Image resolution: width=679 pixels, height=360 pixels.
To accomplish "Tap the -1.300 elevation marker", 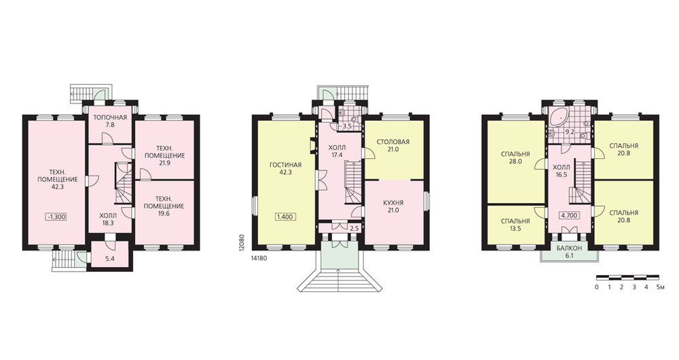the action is tap(56, 217).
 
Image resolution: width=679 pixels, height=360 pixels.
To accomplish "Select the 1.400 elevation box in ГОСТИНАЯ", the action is tap(285, 217).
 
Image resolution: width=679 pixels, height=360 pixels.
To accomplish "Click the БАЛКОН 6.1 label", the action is tap(570, 252).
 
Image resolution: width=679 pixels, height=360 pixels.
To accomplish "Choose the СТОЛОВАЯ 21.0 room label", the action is tap(392, 145).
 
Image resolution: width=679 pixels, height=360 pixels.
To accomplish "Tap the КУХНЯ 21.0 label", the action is tap(393, 206).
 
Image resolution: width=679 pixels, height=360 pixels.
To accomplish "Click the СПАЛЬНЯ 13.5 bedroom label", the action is tap(515, 225).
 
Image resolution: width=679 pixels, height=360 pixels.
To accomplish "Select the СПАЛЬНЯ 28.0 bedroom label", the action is tap(515, 158).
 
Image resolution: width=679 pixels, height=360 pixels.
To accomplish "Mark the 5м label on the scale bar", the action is tap(661, 287).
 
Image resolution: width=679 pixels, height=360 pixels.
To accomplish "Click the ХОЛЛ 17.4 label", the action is tap(337, 151).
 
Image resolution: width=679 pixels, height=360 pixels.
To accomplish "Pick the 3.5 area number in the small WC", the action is tap(347, 126).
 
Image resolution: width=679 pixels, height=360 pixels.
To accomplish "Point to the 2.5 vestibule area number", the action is tap(354, 228).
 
